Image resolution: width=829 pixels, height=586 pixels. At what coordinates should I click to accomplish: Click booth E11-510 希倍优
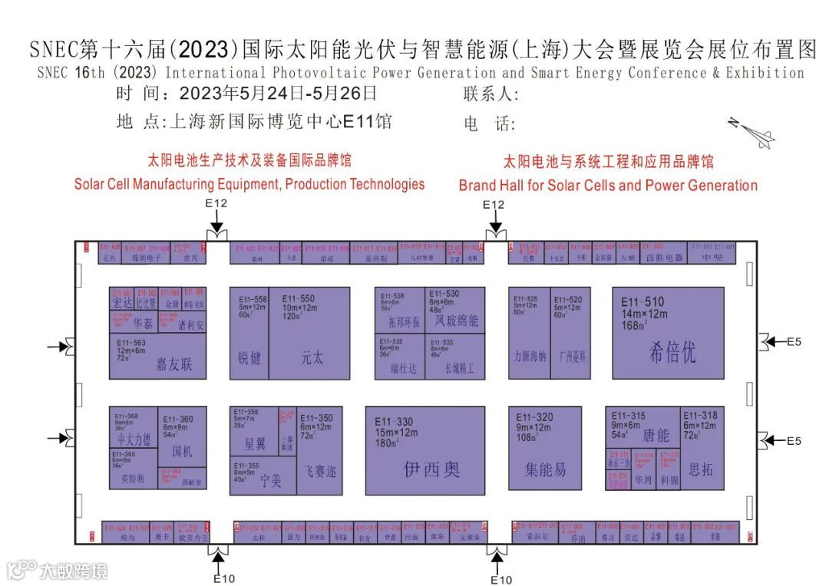668,334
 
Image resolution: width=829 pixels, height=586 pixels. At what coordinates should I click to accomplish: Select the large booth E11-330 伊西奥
424,451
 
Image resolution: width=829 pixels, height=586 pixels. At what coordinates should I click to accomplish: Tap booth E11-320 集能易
545,451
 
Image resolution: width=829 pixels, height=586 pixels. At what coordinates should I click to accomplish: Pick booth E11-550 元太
309,334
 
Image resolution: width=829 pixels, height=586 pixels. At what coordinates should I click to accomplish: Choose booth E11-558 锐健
249,334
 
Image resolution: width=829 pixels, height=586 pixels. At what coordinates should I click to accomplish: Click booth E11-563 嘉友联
158,356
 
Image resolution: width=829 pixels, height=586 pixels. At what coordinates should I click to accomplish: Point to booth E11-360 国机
183,436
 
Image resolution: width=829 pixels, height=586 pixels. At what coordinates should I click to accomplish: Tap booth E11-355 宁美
263,476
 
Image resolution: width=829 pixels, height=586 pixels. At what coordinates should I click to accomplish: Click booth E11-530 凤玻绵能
456,311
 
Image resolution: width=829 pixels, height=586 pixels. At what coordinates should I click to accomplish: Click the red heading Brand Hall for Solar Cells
608,186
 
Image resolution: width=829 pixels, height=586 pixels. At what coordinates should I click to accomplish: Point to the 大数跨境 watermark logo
58,571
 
